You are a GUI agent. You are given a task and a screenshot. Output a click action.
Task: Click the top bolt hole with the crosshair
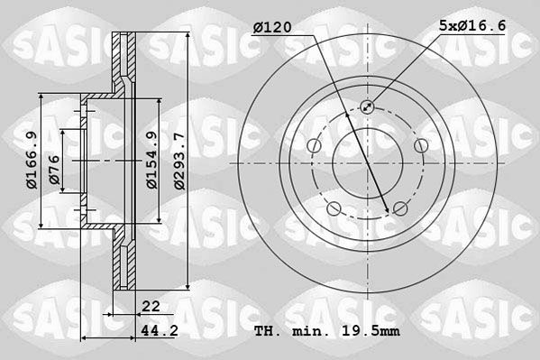pos(367,107)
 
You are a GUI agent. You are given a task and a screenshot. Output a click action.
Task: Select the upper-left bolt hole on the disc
pos(313,146)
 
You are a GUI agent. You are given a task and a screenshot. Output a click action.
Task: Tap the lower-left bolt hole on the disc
pos(333,210)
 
